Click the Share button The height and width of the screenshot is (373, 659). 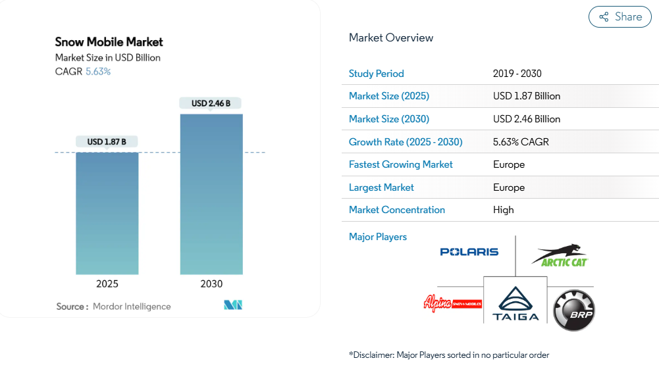(620, 17)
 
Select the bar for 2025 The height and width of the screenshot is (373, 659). (107, 213)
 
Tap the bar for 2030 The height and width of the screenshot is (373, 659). (211, 194)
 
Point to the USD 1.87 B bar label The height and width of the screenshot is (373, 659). (107, 141)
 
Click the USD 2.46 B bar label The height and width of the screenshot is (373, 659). (211, 103)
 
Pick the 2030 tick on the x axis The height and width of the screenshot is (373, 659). (211, 284)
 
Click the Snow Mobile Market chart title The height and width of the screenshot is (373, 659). (109, 41)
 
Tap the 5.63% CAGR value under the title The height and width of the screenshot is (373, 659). (98, 71)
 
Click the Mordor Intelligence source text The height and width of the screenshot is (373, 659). (132, 307)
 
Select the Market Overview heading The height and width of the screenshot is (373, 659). (391, 37)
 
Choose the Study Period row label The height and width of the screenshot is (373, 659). (377, 74)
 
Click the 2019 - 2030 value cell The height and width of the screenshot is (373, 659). (517, 74)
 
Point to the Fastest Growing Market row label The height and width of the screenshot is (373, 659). (401, 164)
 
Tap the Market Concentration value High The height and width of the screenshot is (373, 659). (503, 210)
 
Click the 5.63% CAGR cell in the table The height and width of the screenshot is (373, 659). (521, 141)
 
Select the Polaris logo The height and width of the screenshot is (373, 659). (469, 252)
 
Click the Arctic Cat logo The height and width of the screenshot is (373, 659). (560, 256)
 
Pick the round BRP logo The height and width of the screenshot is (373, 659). (573, 311)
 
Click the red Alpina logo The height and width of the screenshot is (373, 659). (452, 304)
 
